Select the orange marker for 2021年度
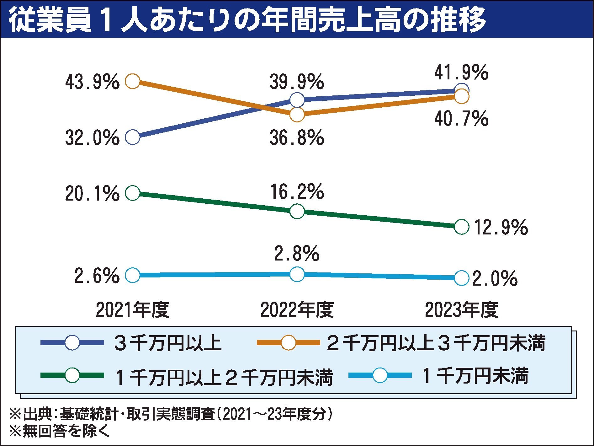pos(132,81)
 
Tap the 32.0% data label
pos(92,138)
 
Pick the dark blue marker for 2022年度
pos(297,100)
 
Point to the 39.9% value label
pos(297,82)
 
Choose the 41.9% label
pos(461,73)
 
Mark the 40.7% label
pos(461,119)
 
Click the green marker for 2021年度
pos(132,193)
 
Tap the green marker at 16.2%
pos(297,211)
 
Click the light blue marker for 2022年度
pos(297,274)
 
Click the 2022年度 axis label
pos(297,310)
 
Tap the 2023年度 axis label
pos(461,310)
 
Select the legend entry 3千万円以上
pos(168,343)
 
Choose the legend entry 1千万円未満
pos(475,376)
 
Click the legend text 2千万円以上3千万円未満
pos(436,343)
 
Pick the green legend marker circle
pos(72,375)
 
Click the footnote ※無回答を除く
pos(60,432)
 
